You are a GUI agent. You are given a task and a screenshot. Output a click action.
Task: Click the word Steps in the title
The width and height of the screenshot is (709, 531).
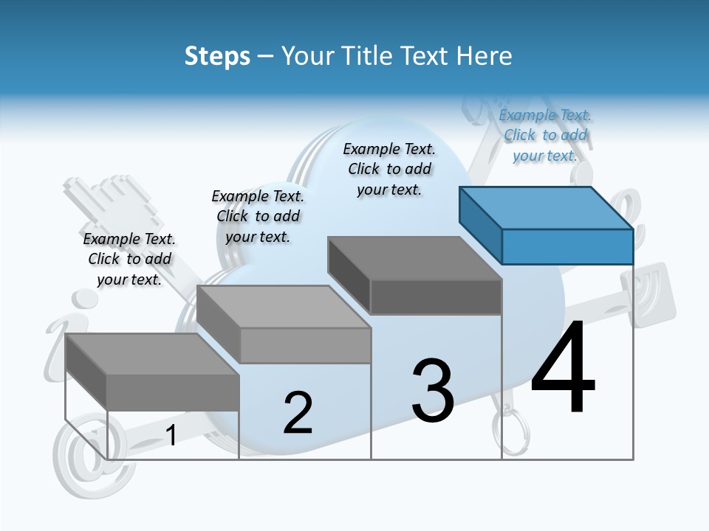(x=217, y=56)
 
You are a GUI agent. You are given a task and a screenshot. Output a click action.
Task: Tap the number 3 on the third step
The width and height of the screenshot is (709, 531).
(x=433, y=391)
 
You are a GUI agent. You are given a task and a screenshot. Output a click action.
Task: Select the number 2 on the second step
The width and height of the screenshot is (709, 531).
(x=298, y=413)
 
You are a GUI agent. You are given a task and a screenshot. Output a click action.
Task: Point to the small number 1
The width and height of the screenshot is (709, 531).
(x=171, y=436)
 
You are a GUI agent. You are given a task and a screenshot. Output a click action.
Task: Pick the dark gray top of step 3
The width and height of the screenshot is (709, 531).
(x=414, y=259)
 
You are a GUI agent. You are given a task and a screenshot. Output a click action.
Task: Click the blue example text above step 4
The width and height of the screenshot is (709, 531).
(x=545, y=136)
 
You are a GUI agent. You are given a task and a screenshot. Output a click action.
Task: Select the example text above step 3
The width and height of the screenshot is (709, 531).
(x=389, y=170)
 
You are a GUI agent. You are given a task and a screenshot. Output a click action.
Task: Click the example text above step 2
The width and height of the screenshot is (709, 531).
(x=258, y=217)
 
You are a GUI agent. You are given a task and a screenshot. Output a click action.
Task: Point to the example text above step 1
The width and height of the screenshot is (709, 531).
(x=129, y=260)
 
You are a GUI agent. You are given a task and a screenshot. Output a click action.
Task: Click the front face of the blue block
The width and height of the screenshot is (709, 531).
(x=567, y=246)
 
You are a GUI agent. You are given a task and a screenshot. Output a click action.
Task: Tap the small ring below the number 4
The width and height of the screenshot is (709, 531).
(x=512, y=431)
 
